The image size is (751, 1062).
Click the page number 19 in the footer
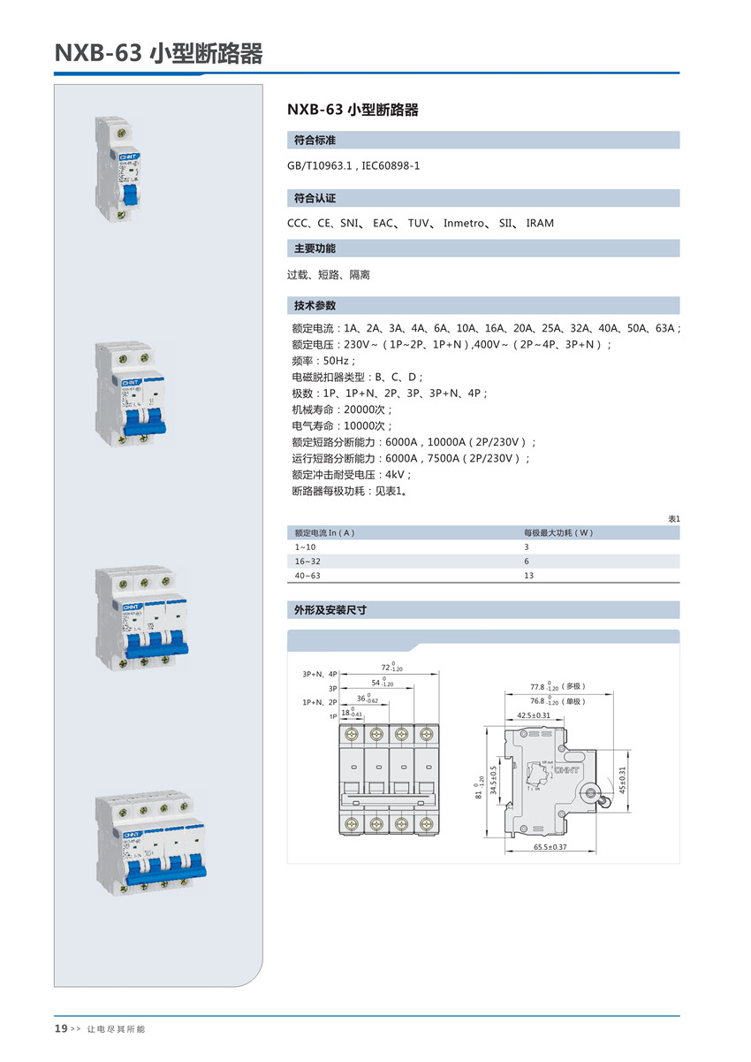pos(61,1028)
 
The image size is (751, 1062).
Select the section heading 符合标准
pos(315,141)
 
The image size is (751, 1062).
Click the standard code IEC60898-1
pos(391,165)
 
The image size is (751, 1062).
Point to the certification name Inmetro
pos(464,223)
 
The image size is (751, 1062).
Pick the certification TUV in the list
pos(418,223)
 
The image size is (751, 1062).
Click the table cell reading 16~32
pos(307,562)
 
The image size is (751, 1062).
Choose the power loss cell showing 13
pos(528,576)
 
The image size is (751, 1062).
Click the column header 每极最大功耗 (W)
pos(558,533)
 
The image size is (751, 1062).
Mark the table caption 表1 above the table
pos(673,519)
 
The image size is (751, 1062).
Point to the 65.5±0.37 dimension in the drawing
pos(550,847)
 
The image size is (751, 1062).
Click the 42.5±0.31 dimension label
pos(534,714)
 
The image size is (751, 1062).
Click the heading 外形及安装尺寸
pos(330,610)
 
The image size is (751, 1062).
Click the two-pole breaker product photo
pos(131,393)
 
